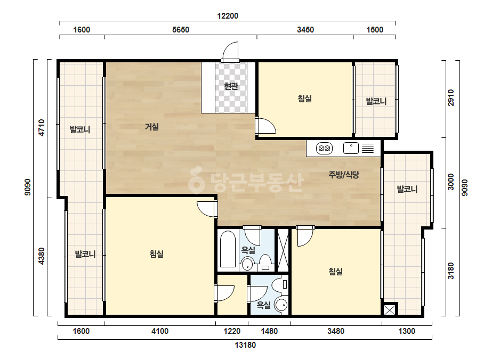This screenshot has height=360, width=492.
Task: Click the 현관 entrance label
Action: pyautogui.click(x=231, y=86)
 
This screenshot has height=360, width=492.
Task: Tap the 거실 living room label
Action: pyautogui.click(x=152, y=127)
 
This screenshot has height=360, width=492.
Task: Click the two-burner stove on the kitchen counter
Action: pyautogui.click(x=324, y=148)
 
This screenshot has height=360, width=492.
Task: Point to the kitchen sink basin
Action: pyautogui.click(x=351, y=148)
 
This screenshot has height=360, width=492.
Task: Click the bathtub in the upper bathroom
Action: pyautogui.click(x=228, y=249)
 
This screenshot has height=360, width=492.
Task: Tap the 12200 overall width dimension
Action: pyautogui.click(x=228, y=15)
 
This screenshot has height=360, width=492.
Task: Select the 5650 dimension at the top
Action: pyautogui.click(x=181, y=30)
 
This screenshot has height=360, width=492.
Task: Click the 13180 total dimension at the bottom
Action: pyautogui.click(x=245, y=345)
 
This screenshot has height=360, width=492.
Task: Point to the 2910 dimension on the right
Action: pyautogui.click(x=451, y=98)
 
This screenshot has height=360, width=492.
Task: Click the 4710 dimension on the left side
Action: pyautogui.click(x=42, y=128)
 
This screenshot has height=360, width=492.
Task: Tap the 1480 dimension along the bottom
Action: pyautogui.click(x=269, y=331)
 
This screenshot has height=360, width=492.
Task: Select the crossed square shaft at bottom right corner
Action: pyautogui.click(x=389, y=310)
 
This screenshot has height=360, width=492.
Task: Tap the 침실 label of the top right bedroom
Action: pyautogui.click(x=305, y=99)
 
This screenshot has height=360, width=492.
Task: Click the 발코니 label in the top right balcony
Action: pyautogui.click(x=376, y=101)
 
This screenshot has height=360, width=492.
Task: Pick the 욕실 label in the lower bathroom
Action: pyautogui.click(x=263, y=305)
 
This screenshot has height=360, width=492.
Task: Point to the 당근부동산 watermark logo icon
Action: pyautogui.click(x=196, y=180)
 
